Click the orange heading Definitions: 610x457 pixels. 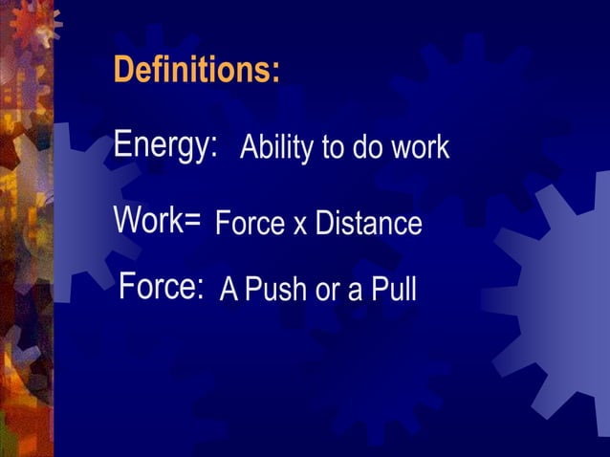pos(196,70)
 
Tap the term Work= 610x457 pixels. pos(157,220)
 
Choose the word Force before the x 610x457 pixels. pos(250,223)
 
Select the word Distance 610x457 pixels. pos(368,223)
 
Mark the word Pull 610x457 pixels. pos(393,289)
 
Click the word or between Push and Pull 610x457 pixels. pos(328,291)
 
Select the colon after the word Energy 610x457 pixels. pos(214,148)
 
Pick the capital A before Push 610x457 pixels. pos(229,289)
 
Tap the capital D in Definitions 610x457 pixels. pos(122,70)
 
